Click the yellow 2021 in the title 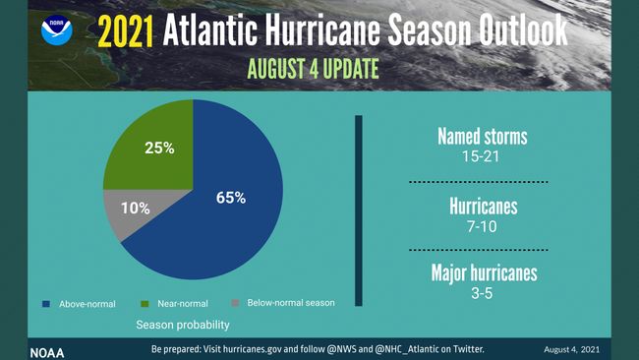(125, 32)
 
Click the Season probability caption (182, 324)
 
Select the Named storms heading (484, 137)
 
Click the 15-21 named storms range (484, 156)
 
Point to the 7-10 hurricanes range (484, 225)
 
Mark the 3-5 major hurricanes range (484, 292)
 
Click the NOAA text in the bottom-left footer (46, 350)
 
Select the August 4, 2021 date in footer (570, 350)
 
